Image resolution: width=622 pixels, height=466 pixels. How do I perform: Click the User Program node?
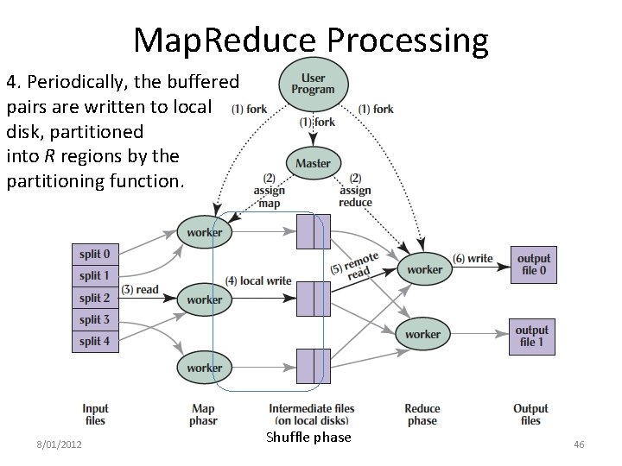coord(313,85)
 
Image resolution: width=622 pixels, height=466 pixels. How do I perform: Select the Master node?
coord(313,163)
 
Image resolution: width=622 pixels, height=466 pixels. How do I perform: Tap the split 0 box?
coord(95,255)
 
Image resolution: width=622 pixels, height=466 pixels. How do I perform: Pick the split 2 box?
coord(95,298)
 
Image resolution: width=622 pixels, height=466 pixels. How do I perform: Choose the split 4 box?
coord(95,341)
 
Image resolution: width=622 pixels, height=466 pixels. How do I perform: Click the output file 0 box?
coord(532,264)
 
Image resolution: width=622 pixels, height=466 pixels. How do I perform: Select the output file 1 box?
coord(532,336)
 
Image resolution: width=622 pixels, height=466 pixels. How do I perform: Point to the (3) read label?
coord(141,290)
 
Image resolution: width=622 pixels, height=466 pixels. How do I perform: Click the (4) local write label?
coord(258,281)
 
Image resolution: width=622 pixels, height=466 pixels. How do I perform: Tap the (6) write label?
coord(473,259)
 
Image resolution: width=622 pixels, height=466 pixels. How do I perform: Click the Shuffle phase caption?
coord(308,438)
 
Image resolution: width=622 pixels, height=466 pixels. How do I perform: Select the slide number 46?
coord(579,444)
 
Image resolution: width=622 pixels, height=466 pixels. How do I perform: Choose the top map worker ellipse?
coord(204,232)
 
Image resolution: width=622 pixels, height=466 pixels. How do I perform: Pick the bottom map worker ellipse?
coord(204,368)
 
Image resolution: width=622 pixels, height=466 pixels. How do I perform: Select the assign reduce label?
coord(355,191)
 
